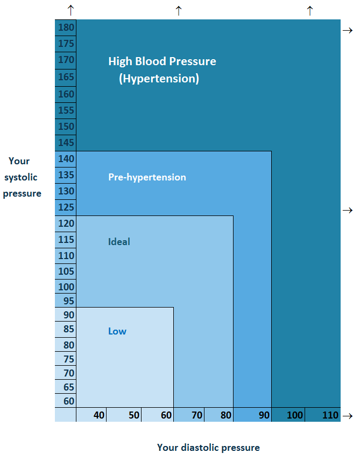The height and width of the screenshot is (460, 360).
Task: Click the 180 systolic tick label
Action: (67, 27)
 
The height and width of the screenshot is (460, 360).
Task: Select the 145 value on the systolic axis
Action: (67, 143)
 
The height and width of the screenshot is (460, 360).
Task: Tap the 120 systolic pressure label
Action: (67, 223)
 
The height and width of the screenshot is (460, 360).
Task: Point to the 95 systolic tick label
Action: (69, 301)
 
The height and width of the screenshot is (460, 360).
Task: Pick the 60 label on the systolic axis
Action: (69, 401)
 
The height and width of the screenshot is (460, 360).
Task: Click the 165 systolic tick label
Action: (67, 76)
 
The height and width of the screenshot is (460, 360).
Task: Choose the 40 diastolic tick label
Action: (99, 415)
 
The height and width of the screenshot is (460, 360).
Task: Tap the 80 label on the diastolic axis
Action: (226, 415)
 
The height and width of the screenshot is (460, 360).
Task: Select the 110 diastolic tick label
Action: (330, 415)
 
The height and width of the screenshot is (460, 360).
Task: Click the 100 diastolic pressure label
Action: (295, 415)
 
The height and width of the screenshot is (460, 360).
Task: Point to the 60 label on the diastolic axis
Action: (166, 415)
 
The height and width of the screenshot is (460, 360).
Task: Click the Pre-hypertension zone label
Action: (147, 177)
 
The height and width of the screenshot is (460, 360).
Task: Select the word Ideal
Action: (119, 242)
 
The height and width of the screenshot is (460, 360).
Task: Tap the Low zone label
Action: (117, 331)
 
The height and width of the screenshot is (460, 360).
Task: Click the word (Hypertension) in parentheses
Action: (159, 79)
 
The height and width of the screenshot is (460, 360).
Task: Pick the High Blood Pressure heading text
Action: (162, 61)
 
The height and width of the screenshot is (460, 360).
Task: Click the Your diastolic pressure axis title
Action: (208, 448)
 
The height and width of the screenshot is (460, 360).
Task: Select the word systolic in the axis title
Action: (20, 177)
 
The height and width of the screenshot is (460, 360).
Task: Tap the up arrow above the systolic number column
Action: (70, 10)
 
